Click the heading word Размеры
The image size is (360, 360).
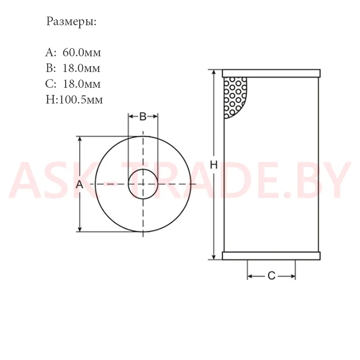72,22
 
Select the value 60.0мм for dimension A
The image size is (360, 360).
82,53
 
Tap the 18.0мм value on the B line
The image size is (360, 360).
81,68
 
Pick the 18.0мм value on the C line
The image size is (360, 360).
82,84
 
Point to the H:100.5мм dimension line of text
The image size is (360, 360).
74,99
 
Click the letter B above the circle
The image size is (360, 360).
143,117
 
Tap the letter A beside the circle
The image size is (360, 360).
80,184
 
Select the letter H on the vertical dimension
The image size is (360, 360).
214,165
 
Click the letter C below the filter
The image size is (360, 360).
271,275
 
